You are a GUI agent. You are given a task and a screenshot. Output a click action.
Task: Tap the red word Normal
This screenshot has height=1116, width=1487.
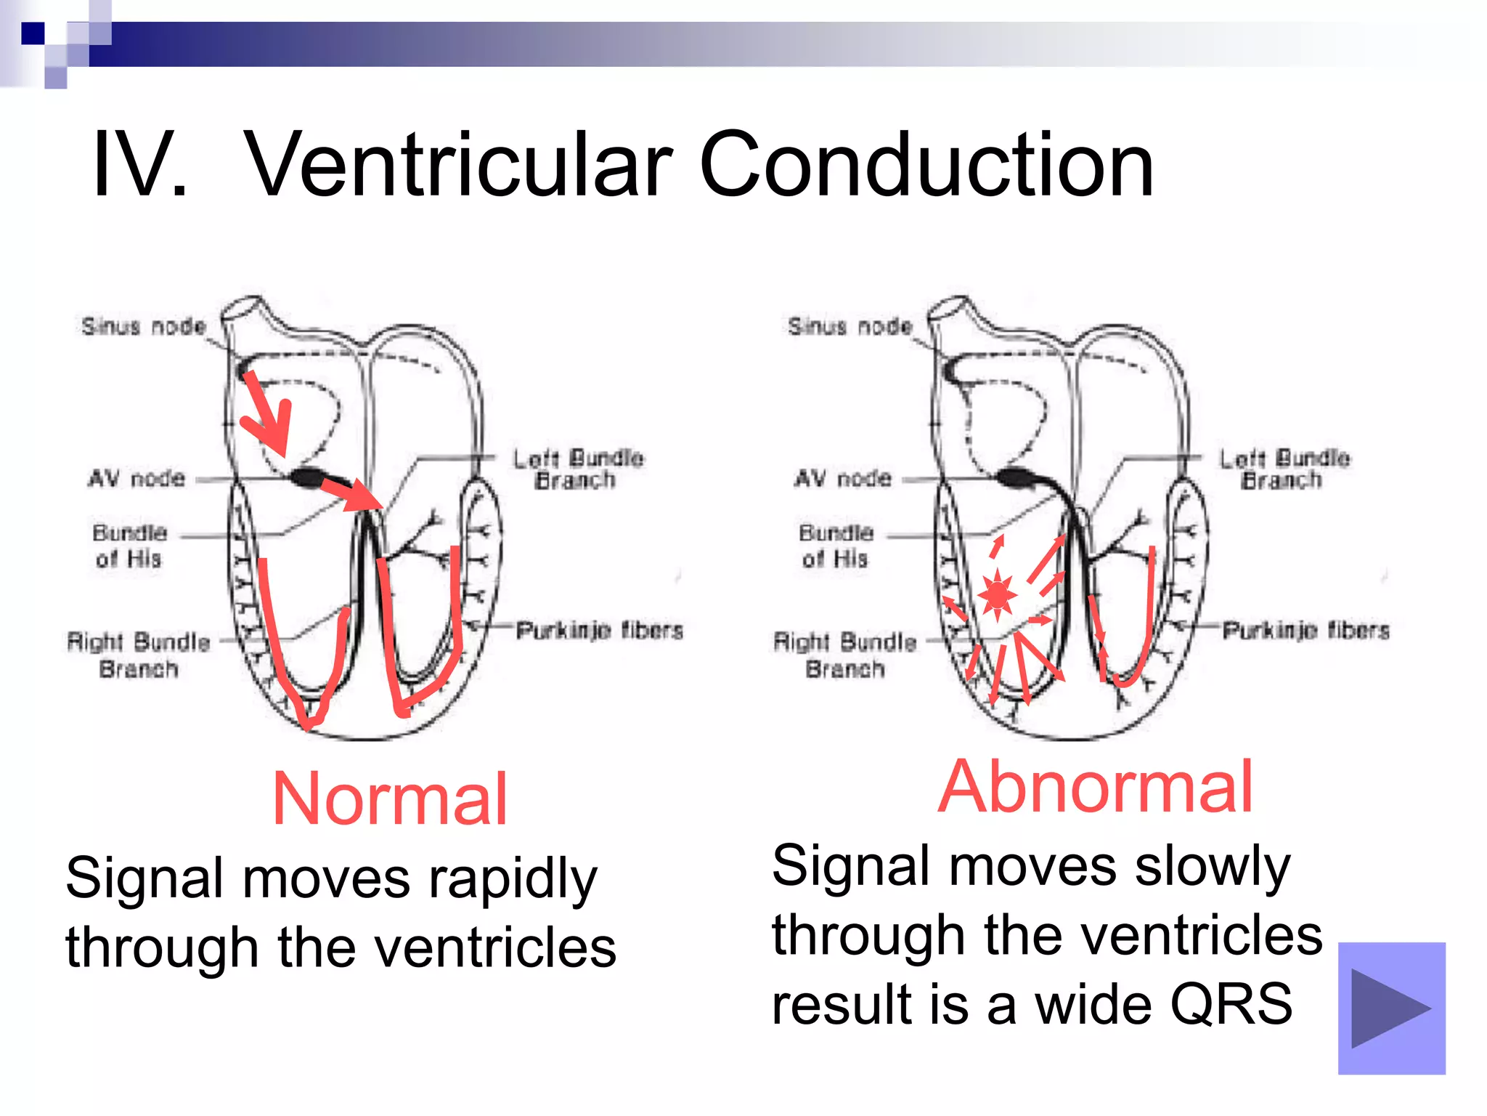[390, 799]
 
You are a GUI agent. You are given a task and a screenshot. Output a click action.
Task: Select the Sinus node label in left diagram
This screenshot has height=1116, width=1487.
[144, 326]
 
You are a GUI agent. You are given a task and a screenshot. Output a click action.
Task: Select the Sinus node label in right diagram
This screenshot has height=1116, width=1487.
[850, 326]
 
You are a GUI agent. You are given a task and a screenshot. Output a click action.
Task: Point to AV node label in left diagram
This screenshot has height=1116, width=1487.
[137, 479]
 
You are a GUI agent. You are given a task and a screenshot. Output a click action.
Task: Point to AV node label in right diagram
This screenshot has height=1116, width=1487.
[843, 479]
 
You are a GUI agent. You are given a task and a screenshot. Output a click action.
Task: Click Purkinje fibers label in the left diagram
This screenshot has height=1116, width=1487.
[600, 630]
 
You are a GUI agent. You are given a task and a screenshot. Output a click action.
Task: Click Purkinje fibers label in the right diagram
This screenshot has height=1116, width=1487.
[1306, 630]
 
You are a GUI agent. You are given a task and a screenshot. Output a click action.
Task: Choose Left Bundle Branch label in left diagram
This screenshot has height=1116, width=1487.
[577, 469]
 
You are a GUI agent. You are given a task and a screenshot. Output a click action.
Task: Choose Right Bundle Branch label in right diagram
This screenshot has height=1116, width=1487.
[845, 655]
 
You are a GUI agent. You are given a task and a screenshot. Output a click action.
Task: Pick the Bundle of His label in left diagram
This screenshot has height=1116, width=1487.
[129, 546]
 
